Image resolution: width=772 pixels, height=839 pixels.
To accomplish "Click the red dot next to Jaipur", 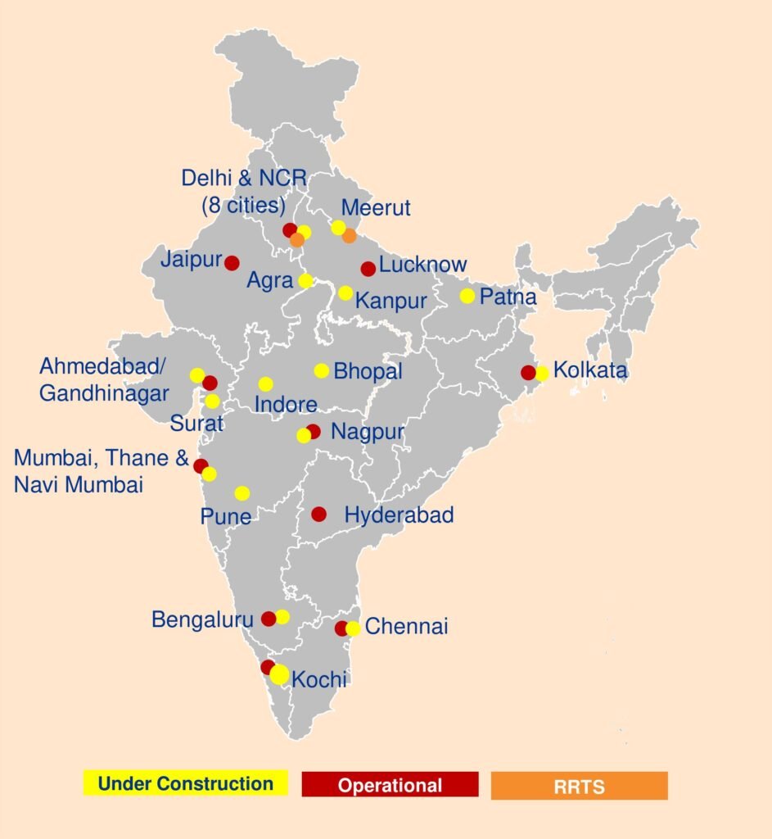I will (x=232, y=263).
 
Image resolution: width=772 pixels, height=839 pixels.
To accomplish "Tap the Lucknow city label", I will (x=422, y=265).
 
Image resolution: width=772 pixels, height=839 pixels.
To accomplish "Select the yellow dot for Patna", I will (x=467, y=296).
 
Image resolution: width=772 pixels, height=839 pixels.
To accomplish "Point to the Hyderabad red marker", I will (x=318, y=515).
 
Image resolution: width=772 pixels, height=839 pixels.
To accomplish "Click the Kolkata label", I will (x=590, y=370).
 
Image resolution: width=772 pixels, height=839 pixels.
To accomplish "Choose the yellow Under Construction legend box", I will (x=185, y=784).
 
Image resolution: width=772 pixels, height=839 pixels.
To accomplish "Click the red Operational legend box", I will (x=390, y=785).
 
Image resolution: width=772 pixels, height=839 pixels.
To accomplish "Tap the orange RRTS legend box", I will (x=579, y=786).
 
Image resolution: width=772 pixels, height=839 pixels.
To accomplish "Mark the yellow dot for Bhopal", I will (x=321, y=370).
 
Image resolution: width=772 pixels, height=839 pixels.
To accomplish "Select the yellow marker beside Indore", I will (x=265, y=384).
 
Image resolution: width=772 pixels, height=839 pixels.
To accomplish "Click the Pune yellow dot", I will (x=242, y=493).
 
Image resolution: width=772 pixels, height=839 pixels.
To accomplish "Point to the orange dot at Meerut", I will (x=349, y=236).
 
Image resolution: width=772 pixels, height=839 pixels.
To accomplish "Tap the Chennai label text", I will (x=406, y=628).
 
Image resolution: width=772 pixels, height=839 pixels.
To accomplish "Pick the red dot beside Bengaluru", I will (x=269, y=619).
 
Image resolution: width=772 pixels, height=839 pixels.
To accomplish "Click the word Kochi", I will (x=319, y=679).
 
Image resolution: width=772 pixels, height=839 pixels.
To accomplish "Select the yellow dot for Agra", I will (x=305, y=281).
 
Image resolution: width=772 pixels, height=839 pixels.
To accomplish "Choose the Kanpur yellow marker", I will (x=345, y=293).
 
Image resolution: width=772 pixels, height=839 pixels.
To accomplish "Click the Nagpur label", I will (x=367, y=432).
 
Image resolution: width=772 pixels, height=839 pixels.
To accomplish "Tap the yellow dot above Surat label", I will (x=212, y=401).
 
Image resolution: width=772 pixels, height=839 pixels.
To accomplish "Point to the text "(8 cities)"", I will (x=243, y=204).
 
